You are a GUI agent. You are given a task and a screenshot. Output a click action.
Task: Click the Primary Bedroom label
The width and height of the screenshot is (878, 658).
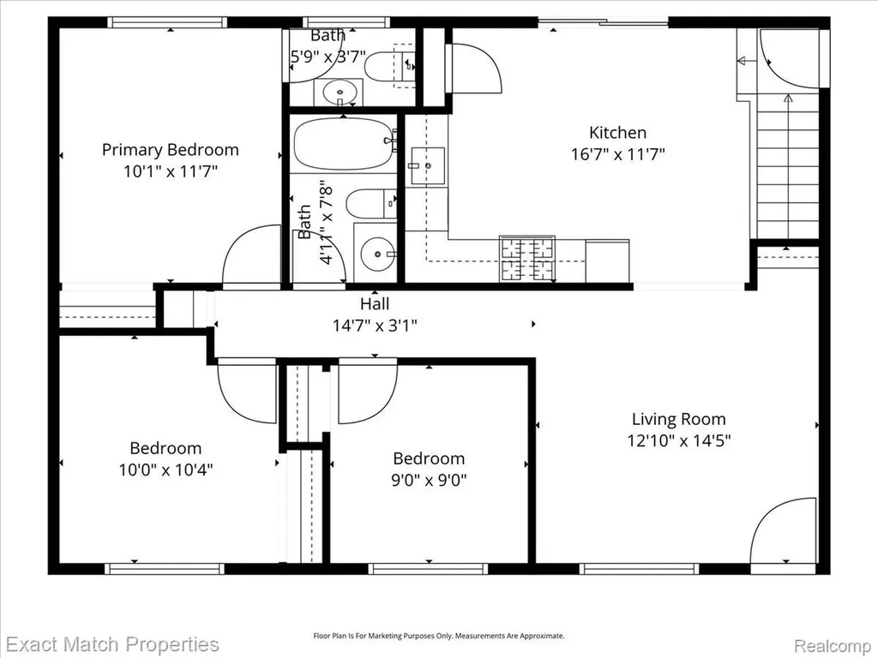(171, 150)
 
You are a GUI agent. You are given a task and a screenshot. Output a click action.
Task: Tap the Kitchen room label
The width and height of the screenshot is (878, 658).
(617, 133)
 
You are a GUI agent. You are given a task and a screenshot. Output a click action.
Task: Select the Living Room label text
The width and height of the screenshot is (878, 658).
(679, 419)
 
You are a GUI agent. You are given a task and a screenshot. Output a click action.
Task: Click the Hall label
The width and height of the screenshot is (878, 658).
(375, 304)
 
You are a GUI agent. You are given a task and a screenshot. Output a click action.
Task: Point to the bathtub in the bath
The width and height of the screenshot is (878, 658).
(343, 144)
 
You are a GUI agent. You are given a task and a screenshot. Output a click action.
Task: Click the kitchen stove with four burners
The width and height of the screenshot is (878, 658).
(527, 259)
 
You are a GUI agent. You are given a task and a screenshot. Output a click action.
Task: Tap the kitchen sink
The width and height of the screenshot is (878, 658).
(428, 165)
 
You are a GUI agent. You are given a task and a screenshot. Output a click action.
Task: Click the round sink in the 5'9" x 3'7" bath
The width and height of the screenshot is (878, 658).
(338, 92)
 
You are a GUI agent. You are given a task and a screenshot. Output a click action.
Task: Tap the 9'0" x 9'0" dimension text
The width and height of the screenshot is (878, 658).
(429, 480)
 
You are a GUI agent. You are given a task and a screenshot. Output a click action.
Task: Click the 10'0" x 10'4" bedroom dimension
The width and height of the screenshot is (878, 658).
(165, 470)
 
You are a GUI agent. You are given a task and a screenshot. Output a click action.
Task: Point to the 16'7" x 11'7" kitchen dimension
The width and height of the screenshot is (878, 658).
(617, 154)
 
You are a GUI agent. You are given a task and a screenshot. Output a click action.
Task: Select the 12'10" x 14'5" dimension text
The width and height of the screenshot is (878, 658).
(679, 440)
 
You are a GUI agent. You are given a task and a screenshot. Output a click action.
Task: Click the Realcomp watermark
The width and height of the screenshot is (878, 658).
(834, 646)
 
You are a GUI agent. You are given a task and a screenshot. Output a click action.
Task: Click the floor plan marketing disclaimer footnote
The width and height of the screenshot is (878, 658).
(438, 637)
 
